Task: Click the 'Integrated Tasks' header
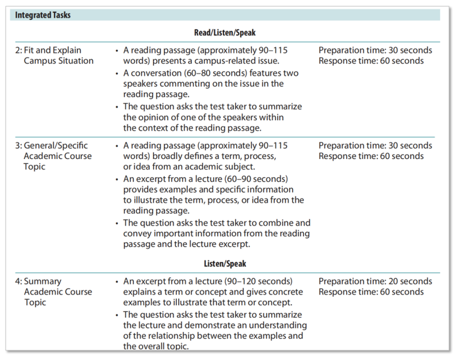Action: [43, 15]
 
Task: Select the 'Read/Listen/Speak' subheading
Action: [227, 33]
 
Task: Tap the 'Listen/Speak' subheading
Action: [227, 264]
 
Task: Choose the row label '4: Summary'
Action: [38, 281]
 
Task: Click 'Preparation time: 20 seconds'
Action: [375, 281]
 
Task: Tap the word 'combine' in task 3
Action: [277, 223]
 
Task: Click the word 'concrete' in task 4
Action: [285, 292]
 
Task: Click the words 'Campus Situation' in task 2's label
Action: [59, 61]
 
